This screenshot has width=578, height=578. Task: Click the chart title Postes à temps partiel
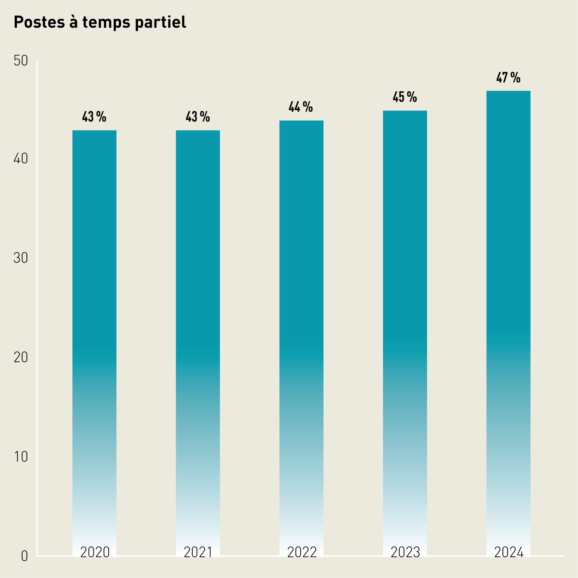(x=100, y=22)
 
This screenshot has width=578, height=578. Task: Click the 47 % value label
(x=508, y=78)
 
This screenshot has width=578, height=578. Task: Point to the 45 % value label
(x=405, y=97)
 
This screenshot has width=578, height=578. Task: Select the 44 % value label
(x=301, y=107)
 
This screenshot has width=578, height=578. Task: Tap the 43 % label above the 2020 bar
(x=94, y=117)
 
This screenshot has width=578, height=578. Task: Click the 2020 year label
(x=95, y=553)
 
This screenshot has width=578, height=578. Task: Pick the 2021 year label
(x=198, y=553)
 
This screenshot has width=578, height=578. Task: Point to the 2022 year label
(x=302, y=553)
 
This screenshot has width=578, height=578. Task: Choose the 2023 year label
(x=405, y=553)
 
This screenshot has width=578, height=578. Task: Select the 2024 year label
(x=509, y=553)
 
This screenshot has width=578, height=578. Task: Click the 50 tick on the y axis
(x=21, y=60)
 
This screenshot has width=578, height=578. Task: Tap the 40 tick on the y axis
(x=21, y=159)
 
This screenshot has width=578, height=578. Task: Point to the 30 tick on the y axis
(x=21, y=258)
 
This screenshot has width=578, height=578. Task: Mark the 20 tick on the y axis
(x=21, y=358)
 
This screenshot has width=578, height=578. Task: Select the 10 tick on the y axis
(x=21, y=457)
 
